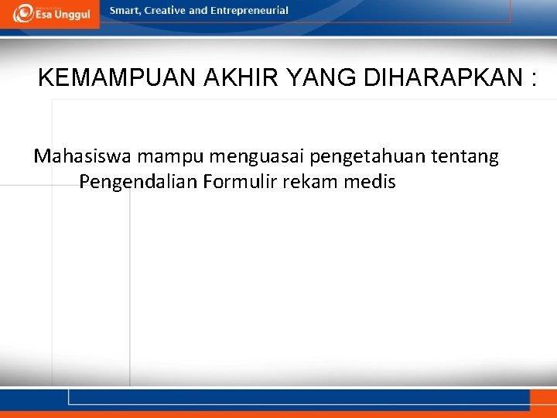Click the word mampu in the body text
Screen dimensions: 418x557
pyautogui.click(x=169, y=158)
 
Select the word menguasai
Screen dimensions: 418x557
pyautogui.click(x=255, y=158)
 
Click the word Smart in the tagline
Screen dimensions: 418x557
pyautogui.click(x=125, y=11)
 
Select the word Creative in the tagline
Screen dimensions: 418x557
pyautogui.click(x=166, y=11)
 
